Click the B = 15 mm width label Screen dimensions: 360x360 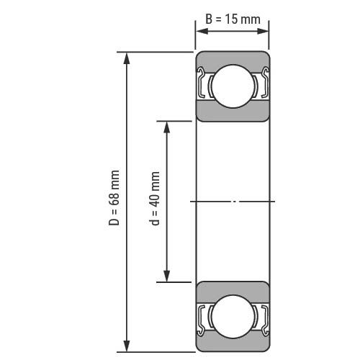pyautogui.click(x=233, y=19)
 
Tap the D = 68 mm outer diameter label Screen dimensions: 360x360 pyautogui.click(x=114, y=198)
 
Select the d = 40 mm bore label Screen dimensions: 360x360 pyautogui.click(x=154, y=199)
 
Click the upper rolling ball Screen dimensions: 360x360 pyautogui.click(x=233, y=86)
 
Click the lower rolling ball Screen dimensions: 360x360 pyautogui.click(x=233, y=317)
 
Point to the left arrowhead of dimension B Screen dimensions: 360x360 pyautogui.click(x=202, y=31)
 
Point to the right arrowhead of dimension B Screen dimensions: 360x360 pyautogui.click(x=262, y=31)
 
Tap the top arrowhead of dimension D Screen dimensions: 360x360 pyautogui.click(x=127, y=58)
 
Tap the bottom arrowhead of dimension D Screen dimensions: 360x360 pyautogui.click(x=127, y=346)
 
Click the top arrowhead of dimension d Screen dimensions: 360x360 pyautogui.click(x=166, y=127)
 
